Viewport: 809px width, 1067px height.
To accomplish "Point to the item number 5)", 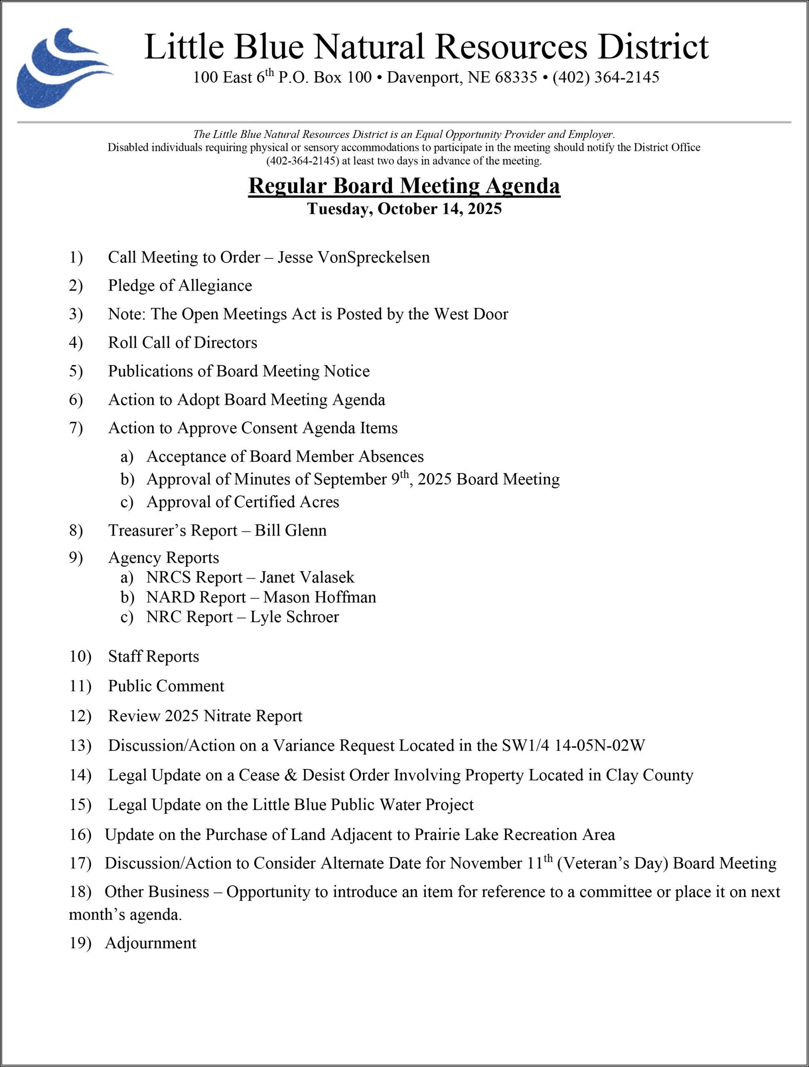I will (76, 371).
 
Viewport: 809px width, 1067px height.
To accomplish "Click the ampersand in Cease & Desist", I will (291, 775).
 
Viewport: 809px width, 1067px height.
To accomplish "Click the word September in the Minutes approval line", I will (350, 479).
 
